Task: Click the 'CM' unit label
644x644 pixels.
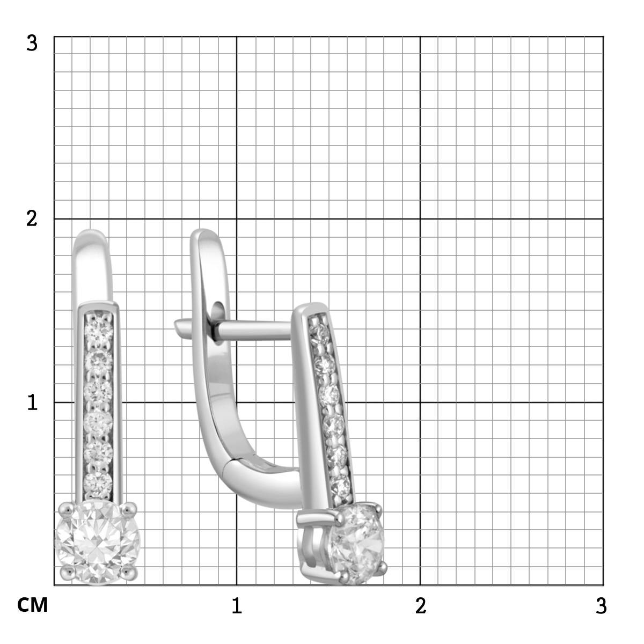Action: pyautogui.click(x=32, y=605)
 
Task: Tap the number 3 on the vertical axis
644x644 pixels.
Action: pyautogui.click(x=32, y=43)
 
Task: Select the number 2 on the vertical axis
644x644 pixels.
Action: pyautogui.click(x=32, y=219)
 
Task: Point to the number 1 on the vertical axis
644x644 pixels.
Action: pyautogui.click(x=32, y=402)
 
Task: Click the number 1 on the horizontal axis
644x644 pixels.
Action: pyautogui.click(x=237, y=605)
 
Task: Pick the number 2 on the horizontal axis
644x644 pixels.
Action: pyautogui.click(x=420, y=605)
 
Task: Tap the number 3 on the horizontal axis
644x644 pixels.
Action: pyautogui.click(x=601, y=605)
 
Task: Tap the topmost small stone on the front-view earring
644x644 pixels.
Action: pyautogui.click(x=98, y=327)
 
